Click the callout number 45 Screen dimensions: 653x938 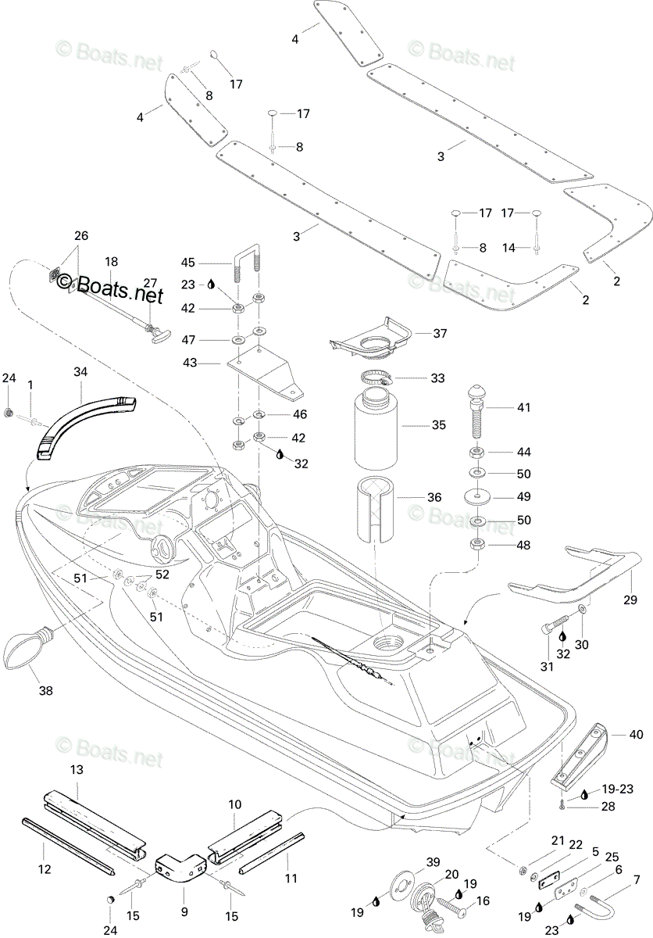tap(187, 263)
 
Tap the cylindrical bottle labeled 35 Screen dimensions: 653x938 tap(375, 428)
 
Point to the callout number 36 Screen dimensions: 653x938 tap(434, 497)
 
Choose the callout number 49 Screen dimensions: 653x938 tap(524, 496)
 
